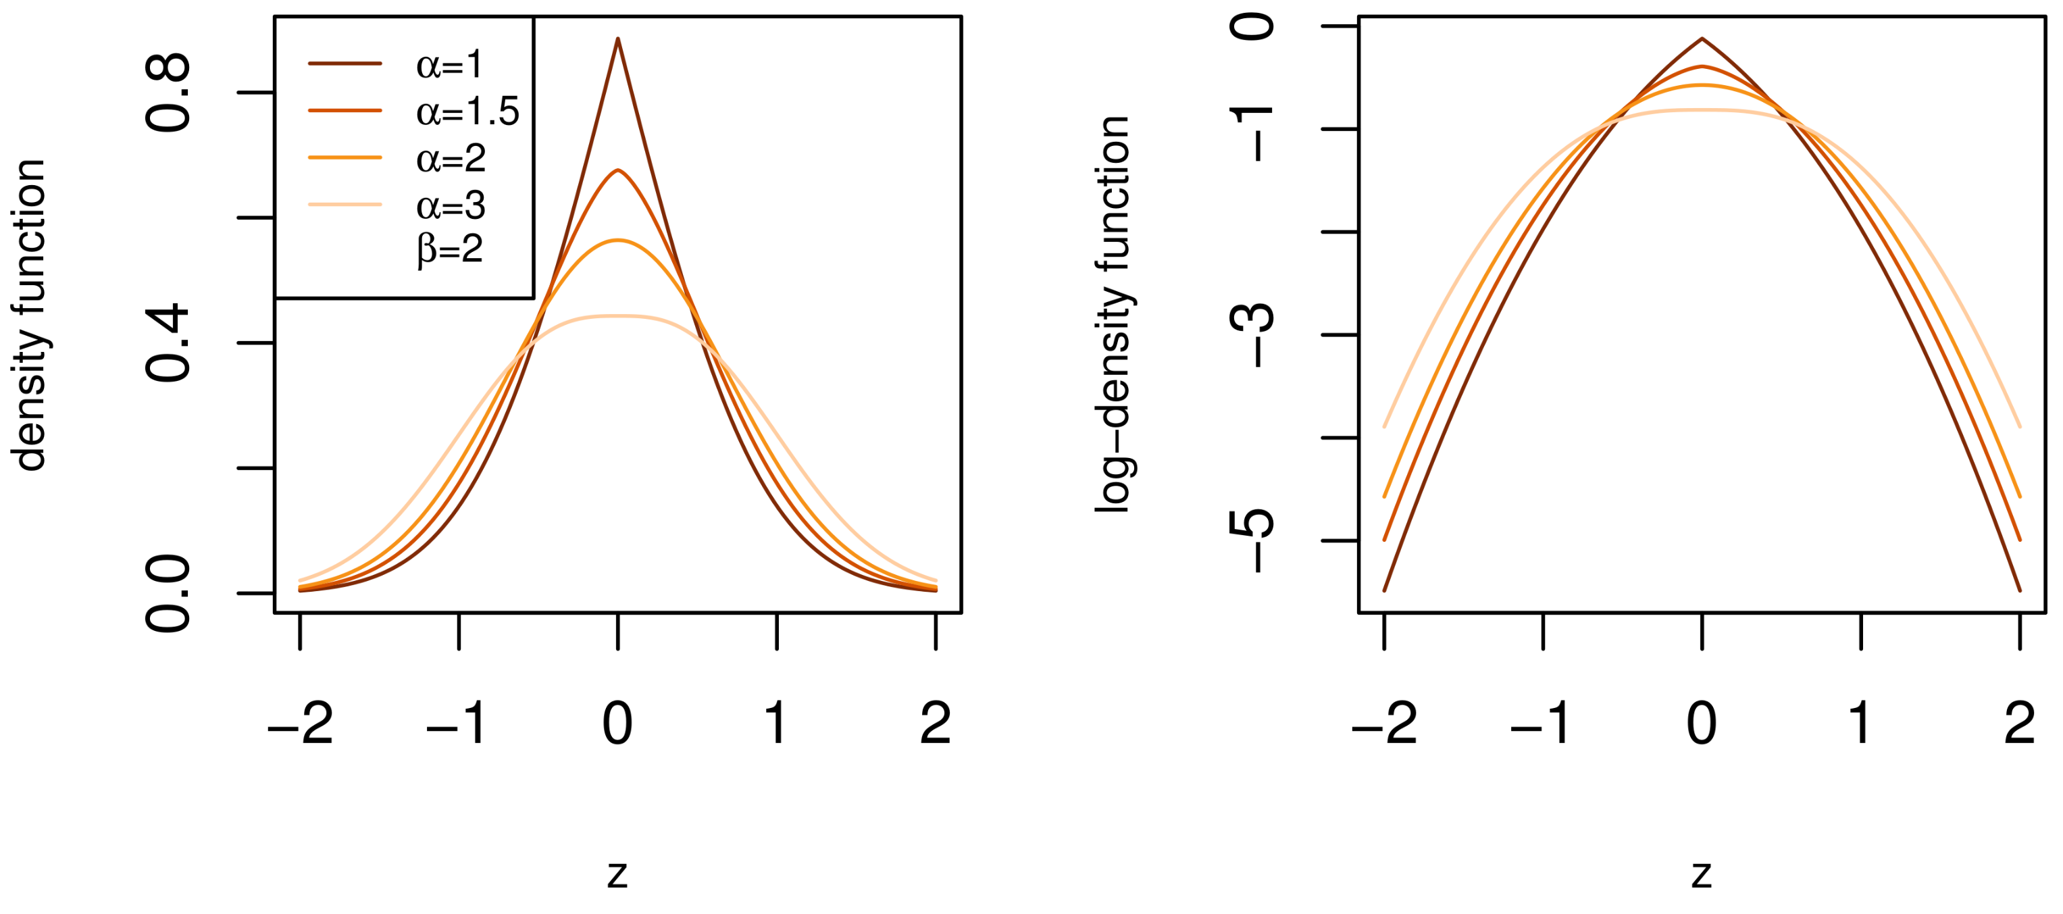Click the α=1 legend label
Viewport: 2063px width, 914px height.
449,64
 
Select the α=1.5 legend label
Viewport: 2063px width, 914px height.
467,111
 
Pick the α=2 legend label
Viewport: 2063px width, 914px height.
451,158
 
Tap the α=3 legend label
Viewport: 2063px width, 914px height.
451,205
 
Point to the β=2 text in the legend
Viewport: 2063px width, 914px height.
450,250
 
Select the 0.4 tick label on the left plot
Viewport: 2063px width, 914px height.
168,343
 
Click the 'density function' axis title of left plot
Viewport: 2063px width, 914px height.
30,315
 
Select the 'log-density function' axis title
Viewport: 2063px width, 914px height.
1113,315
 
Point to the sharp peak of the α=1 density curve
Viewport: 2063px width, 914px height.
617,39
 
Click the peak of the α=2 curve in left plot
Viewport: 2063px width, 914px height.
617,240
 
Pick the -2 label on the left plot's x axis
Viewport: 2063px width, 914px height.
301,723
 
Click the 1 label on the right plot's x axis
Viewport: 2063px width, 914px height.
1860,723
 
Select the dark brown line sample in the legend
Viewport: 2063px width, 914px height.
345,64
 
